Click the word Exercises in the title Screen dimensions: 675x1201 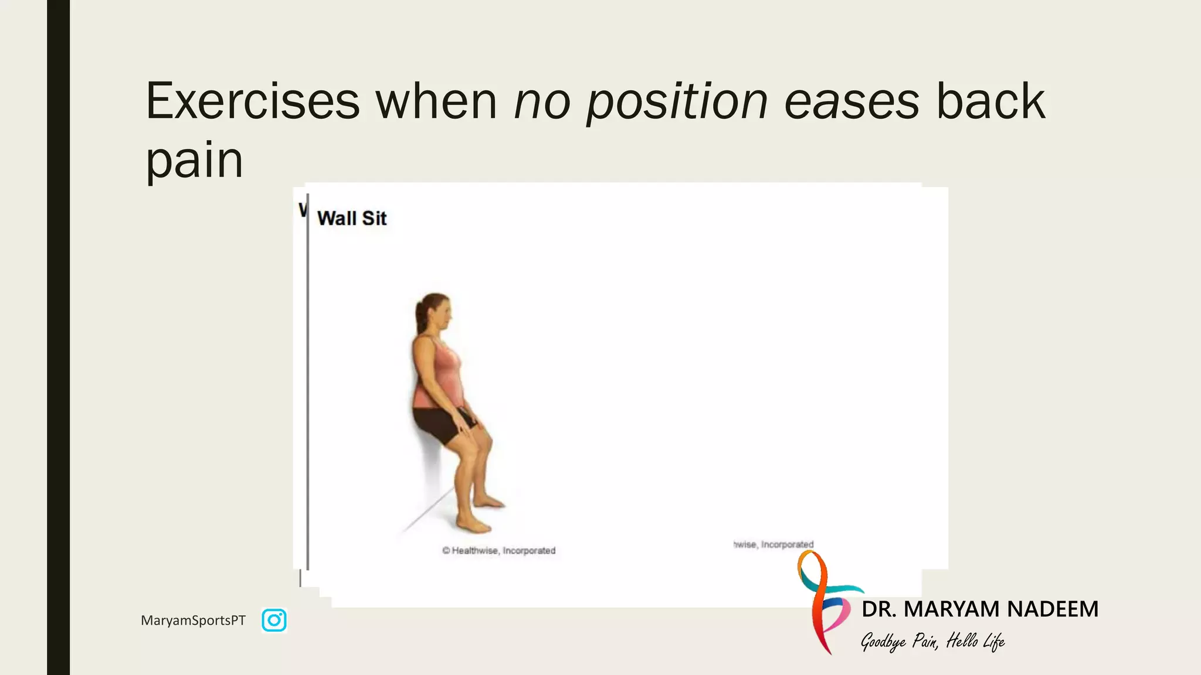click(x=252, y=101)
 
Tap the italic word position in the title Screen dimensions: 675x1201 click(x=677, y=101)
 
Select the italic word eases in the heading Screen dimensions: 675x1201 click(x=851, y=101)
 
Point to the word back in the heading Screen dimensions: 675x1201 click(x=990, y=101)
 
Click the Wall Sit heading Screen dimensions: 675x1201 click(x=352, y=219)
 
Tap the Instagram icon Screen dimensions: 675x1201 click(x=274, y=620)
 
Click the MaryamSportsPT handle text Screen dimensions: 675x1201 click(x=193, y=621)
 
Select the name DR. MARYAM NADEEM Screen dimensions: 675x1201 click(x=979, y=609)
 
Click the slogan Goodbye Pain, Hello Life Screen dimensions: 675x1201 click(x=932, y=642)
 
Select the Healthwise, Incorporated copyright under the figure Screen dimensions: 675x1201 click(x=499, y=551)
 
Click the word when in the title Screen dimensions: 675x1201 click(x=437, y=101)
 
